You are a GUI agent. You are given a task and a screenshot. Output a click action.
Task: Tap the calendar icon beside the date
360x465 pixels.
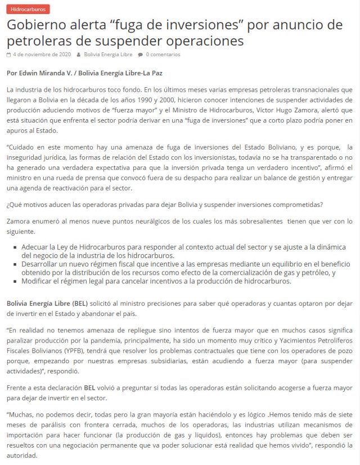(8, 55)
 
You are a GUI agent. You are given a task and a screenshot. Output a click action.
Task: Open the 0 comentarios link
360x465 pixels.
(163, 55)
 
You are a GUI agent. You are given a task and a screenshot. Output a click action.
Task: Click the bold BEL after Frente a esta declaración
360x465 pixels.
(89, 387)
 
